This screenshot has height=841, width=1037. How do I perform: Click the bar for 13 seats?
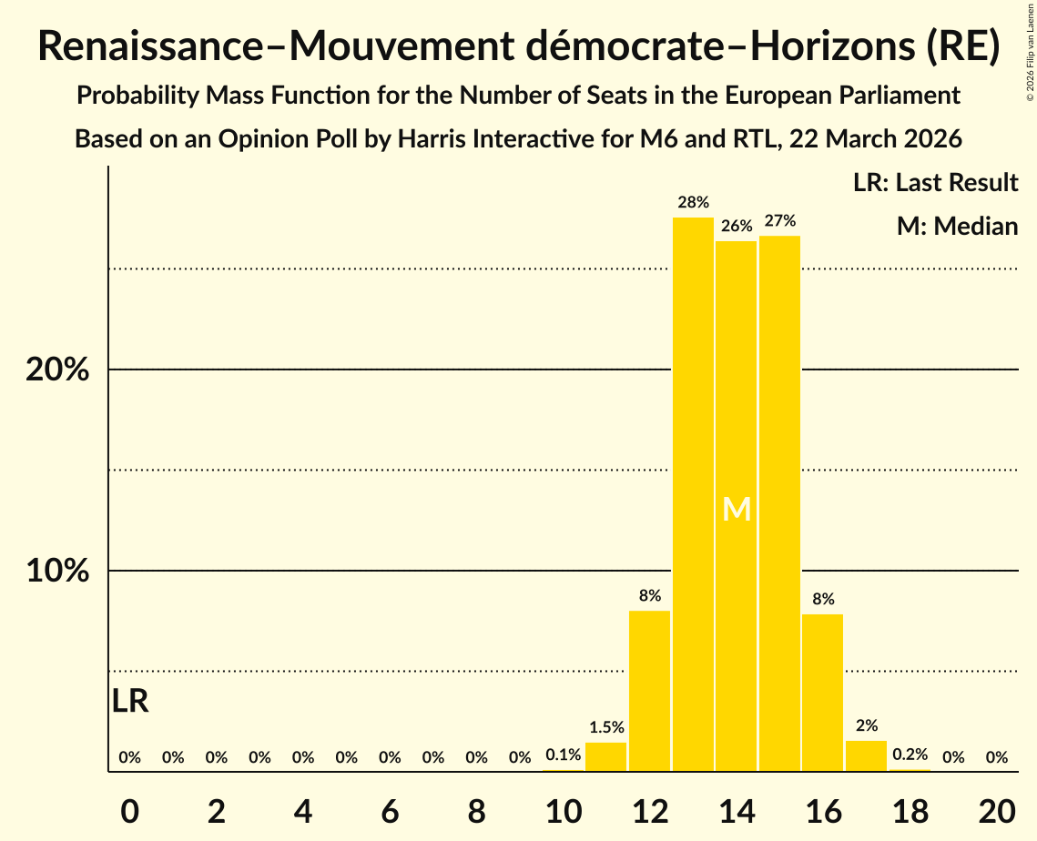coord(693,494)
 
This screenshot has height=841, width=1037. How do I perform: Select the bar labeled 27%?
coord(779,503)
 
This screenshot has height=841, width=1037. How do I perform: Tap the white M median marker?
coord(737,509)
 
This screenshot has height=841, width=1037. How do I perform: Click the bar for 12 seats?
coord(649,691)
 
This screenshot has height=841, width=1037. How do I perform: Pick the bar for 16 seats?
coord(823,693)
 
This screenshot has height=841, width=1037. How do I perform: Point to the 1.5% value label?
coord(606,727)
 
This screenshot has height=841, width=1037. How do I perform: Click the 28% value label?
coord(693,202)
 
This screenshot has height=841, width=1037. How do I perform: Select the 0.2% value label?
coord(910,755)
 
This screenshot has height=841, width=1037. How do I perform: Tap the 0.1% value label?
coord(563,755)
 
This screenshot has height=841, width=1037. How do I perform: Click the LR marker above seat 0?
coord(130,701)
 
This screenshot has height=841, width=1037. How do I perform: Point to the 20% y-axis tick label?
coord(56,370)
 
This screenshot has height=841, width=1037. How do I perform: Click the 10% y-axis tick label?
coord(56,571)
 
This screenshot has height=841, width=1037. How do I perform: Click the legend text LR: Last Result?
coord(935,182)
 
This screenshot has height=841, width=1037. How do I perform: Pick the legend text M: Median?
coord(957,226)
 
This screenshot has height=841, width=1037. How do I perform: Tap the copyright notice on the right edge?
coord(1031,58)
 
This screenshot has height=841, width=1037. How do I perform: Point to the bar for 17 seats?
coord(867,755)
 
